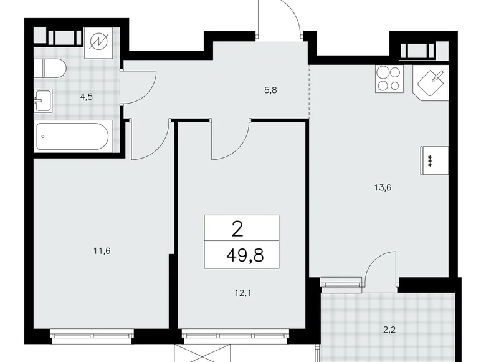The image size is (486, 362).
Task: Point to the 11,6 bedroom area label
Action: coord(101,252)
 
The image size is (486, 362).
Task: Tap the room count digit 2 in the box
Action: coord(237,229)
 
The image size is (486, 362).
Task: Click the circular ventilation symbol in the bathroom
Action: coord(99,42)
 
